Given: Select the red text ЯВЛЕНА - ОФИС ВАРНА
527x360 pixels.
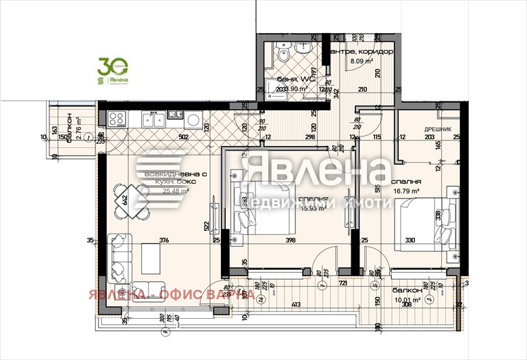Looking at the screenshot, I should (170, 294).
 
